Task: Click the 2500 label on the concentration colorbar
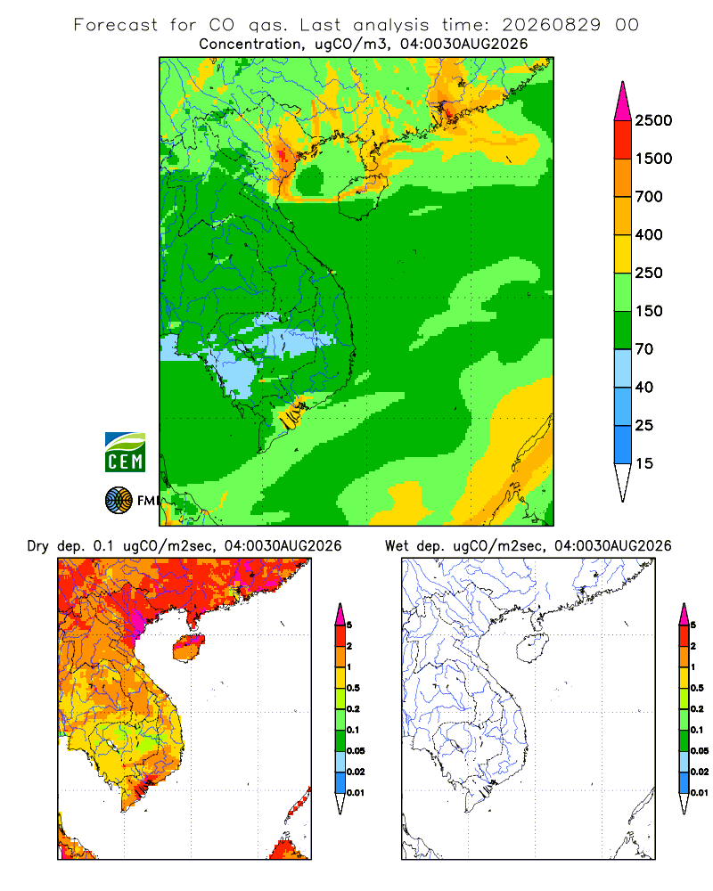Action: (653, 120)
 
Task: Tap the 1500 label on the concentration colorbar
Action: (653, 159)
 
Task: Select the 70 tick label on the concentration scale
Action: (643, 349)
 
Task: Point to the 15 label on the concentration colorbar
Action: (643, 463)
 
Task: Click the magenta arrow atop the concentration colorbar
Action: (623, 103)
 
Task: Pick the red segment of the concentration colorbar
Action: (623, 140)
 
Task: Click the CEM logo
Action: (125, 453)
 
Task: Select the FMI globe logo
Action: (119, 501)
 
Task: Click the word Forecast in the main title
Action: (116, 25)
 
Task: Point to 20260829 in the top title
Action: (551, 25)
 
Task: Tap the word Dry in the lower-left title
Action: (38, 547)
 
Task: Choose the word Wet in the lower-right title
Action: (397, 546)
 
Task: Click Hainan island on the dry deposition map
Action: (188, 648)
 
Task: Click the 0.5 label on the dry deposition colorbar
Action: (353, 688)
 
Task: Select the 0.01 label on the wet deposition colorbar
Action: (700, 793)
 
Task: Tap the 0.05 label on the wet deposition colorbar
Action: (700, 750)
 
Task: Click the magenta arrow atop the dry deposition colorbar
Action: (340, 615)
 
